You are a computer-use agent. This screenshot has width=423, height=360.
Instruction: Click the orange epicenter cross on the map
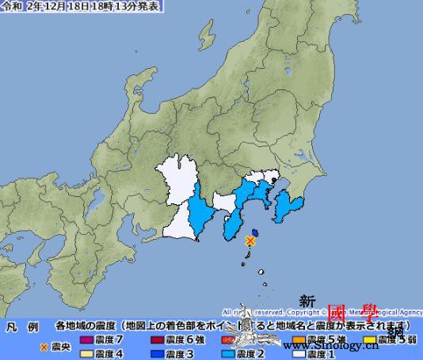click(250, 240)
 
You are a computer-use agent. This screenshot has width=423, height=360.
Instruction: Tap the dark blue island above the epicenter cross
click(255, 230)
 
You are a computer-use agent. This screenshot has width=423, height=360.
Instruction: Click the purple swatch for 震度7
click(86, 339)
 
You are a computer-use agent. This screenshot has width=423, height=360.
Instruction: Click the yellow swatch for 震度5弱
click(368, 339)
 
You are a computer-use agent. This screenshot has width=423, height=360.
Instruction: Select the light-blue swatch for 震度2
click(229, 353)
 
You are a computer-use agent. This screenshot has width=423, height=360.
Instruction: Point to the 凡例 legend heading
click(21, 326)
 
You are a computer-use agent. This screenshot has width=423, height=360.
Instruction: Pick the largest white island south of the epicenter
click(247, 254)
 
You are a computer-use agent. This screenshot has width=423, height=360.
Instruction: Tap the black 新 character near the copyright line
click(307, 301)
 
